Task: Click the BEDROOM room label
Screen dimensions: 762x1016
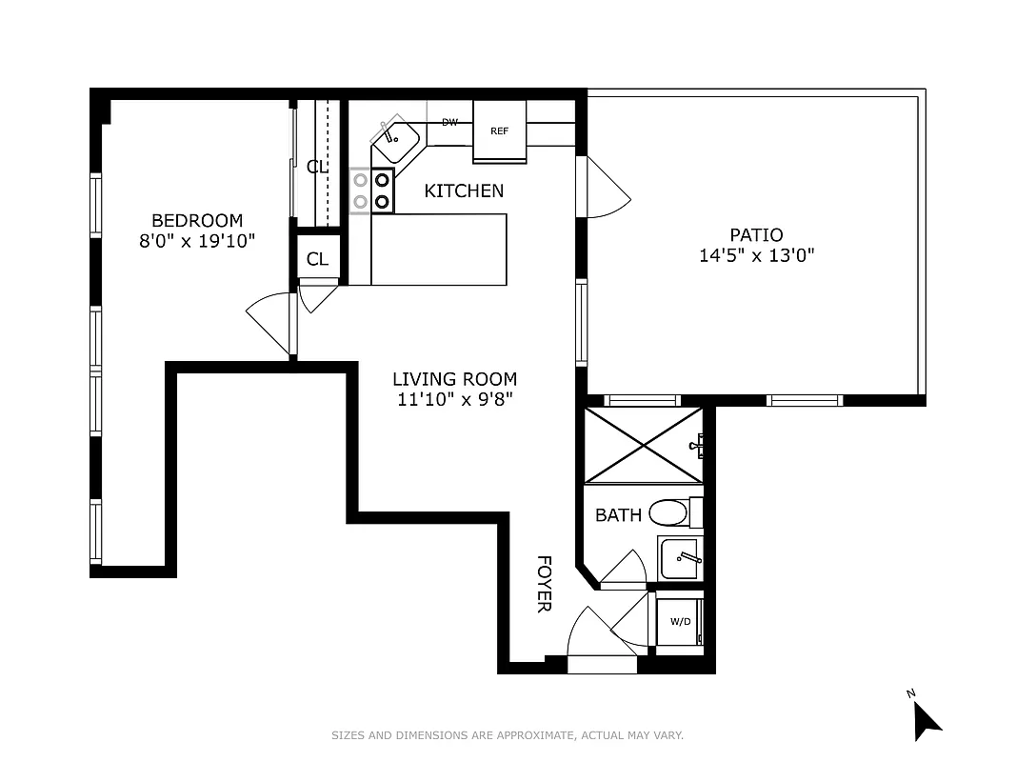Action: point(197,221)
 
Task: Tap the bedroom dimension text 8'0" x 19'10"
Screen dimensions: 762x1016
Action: point(197,241)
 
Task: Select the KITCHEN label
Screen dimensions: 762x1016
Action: point(464,191)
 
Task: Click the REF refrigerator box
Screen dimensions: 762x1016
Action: point(499,131)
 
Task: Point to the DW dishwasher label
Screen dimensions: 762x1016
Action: point(449,123)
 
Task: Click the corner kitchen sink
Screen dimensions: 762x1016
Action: point(394,142)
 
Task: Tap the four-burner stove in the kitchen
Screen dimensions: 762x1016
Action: point(371,190)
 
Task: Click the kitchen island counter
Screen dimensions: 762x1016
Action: point(438,249)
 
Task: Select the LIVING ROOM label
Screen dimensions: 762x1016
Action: point(455,379)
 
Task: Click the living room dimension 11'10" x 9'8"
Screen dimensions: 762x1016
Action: point(455,400)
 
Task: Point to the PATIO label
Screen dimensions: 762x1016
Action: point(756,234)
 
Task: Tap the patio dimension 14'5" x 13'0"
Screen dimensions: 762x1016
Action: point(756,255)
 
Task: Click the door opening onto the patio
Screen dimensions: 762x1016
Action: point(606,186)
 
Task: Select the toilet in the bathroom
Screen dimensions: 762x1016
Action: point(670,513)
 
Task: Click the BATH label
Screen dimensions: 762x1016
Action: point(618,515)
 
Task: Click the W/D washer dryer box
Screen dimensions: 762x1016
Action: point(680,622)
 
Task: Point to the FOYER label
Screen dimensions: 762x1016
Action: point(544,584)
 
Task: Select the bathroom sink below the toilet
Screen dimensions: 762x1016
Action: point(680,554)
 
